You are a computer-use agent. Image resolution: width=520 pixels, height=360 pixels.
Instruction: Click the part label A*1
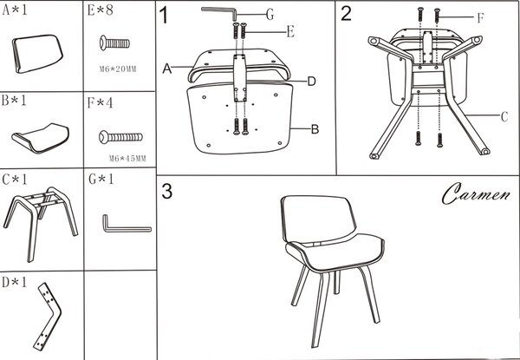(15, 10)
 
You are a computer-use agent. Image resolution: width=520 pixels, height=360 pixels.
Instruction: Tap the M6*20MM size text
(118, 69)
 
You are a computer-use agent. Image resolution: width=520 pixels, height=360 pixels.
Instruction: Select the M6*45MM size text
(127, 159)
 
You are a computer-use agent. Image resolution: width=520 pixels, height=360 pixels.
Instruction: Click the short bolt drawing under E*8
(114, 43)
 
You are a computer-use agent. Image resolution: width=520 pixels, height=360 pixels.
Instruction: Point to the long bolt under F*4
(120, 137)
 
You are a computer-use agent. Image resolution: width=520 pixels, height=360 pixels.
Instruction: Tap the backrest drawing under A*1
(37, 54)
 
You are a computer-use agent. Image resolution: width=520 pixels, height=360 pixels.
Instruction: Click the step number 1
(164, 15)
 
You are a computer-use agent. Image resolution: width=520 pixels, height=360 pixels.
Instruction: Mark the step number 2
(346, 14)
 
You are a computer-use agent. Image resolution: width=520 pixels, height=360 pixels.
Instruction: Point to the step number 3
(166, 192)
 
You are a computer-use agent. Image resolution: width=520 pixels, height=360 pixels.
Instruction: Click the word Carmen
(476, 193)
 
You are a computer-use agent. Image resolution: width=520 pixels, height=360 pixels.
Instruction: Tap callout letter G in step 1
(270, 14)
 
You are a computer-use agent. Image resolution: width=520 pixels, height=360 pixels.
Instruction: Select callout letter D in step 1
(311, 82)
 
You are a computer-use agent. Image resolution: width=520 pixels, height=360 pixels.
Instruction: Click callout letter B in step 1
(315, 129)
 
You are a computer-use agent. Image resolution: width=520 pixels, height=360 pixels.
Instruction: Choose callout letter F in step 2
(480, 18)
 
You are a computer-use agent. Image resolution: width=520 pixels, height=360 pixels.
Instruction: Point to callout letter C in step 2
(504, 117)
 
